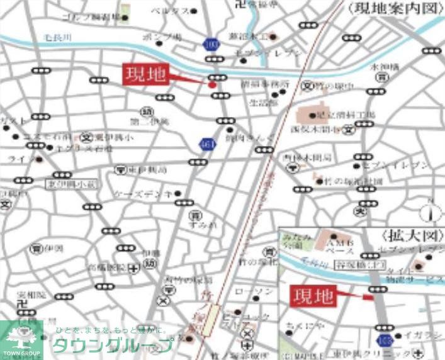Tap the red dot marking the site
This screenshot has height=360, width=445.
coord(212,84)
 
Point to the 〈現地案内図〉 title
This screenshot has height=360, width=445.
coord(391,8)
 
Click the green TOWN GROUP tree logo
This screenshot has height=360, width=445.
coord(21,340)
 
